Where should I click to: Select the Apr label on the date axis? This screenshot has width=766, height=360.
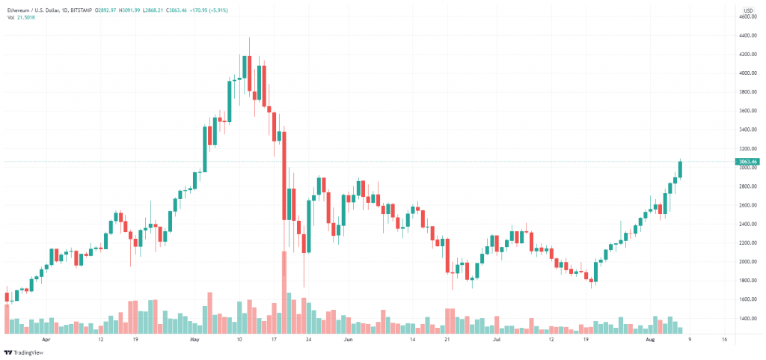click(46, 339)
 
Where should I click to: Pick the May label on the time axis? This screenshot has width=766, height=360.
click(195, 339)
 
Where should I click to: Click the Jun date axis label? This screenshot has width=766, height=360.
click(347, 339)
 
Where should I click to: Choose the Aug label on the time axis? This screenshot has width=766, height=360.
click(650, 339)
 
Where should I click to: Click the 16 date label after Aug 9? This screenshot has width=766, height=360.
click(724, 339)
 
